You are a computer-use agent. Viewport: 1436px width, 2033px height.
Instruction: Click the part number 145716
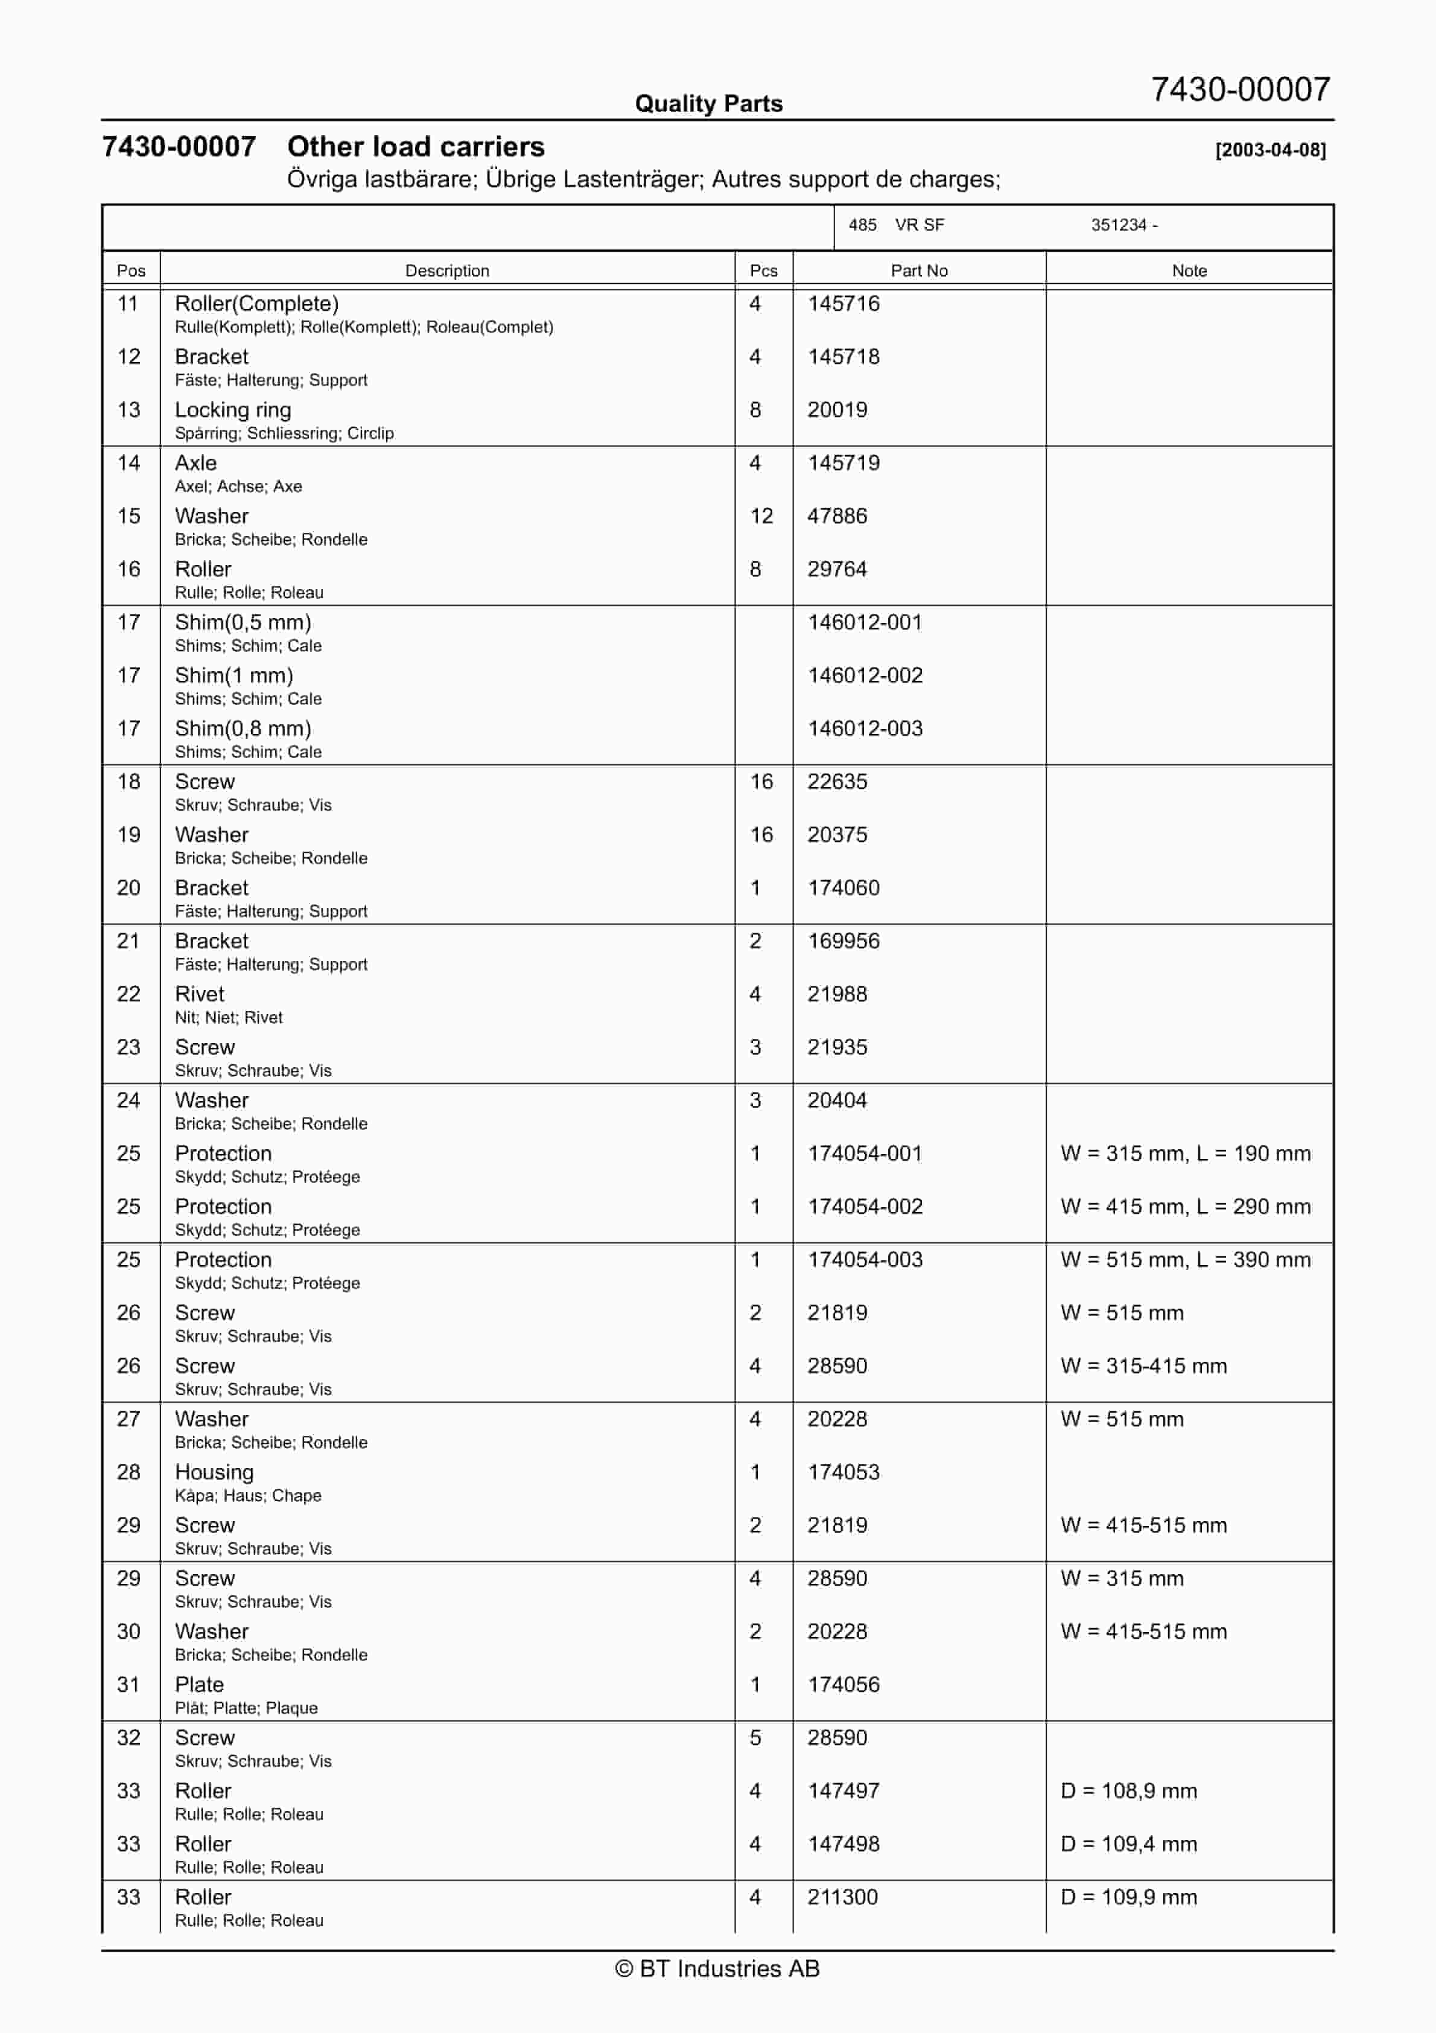(843, 304)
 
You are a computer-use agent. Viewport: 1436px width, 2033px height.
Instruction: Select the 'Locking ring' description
(233, 410)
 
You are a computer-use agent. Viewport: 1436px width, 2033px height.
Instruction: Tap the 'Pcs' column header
(763, 271)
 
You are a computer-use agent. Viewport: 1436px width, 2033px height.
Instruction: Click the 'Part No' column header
(919, 271)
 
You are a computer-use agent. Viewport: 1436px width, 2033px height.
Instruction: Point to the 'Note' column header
(1189, 271)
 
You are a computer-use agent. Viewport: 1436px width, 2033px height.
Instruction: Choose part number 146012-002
(865, 675)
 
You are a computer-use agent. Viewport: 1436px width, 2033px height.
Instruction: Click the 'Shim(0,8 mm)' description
(243, 729)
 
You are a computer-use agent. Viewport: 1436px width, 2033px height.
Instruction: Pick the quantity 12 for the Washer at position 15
(761, 516)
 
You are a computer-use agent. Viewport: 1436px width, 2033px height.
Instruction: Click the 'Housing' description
(214, 1472)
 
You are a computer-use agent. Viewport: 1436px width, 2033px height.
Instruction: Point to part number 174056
(843, 1685)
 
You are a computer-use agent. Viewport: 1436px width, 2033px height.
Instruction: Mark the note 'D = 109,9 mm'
(1129, 1898)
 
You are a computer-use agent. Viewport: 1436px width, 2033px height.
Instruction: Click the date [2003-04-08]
(1271, 150)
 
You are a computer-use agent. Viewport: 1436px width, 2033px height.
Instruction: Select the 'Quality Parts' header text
(708, 104)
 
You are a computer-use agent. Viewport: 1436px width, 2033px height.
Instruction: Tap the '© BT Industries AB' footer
(717, 1968)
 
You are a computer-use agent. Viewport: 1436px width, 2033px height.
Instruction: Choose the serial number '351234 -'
(1125, 225)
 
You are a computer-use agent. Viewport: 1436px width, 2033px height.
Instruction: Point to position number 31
(129, 1685)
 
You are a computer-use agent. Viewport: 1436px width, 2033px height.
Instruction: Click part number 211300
(842, 1898)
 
